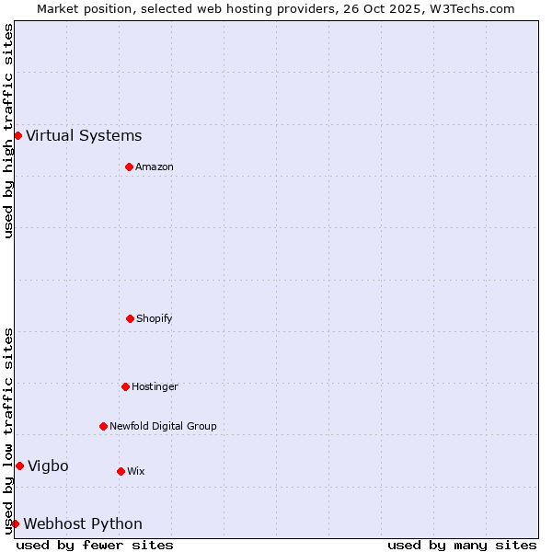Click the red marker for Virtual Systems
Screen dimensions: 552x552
coord(17,135)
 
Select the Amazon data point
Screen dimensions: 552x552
coord(129,167)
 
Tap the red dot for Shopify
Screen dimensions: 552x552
coord(130,318)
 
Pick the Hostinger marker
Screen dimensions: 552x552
coord(125,386)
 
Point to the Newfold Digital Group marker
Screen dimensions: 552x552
coord(103,426)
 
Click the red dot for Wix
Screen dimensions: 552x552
coord(121,471)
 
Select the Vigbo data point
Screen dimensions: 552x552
coord(19,466)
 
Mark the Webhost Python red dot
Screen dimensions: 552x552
coord(15,523)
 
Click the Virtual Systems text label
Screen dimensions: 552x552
coord(84,136)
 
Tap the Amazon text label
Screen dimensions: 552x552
coord(155,167)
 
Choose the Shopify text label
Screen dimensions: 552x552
coord(155,318)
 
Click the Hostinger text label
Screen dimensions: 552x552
coord(155,386)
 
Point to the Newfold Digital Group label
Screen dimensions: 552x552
coord(163,426)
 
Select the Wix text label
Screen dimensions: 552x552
coord(136,471)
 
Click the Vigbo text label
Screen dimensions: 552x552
coord(48,466)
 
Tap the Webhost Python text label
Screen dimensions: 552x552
coord(83,524)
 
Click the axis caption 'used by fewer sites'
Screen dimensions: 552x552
coord(95,545)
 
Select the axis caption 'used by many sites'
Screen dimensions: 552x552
coord(462,545)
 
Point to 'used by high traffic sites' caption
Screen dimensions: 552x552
coord(8,131)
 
